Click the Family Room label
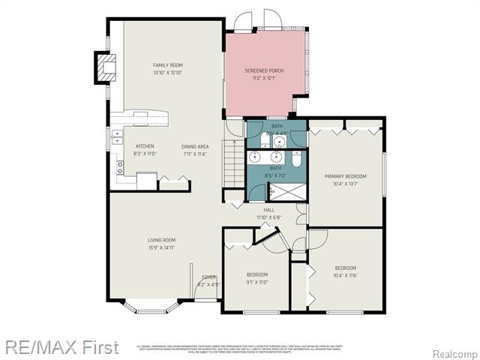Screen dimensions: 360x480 (168, 65)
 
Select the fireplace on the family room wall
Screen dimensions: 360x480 (106, 67)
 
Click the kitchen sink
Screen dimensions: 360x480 (117, 137)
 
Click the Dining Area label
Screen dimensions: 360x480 (194, 146)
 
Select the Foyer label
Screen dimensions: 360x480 (208, 277)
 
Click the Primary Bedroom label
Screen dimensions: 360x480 (345, 176)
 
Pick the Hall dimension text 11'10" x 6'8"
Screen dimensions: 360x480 (268, 217)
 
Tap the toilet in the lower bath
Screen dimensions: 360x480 (296, 158)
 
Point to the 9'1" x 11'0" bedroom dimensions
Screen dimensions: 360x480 (256, 282)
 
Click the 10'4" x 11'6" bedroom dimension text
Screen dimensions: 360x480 (345, 275)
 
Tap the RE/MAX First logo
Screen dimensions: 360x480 (61, 347)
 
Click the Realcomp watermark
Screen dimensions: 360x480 (455, 353)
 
